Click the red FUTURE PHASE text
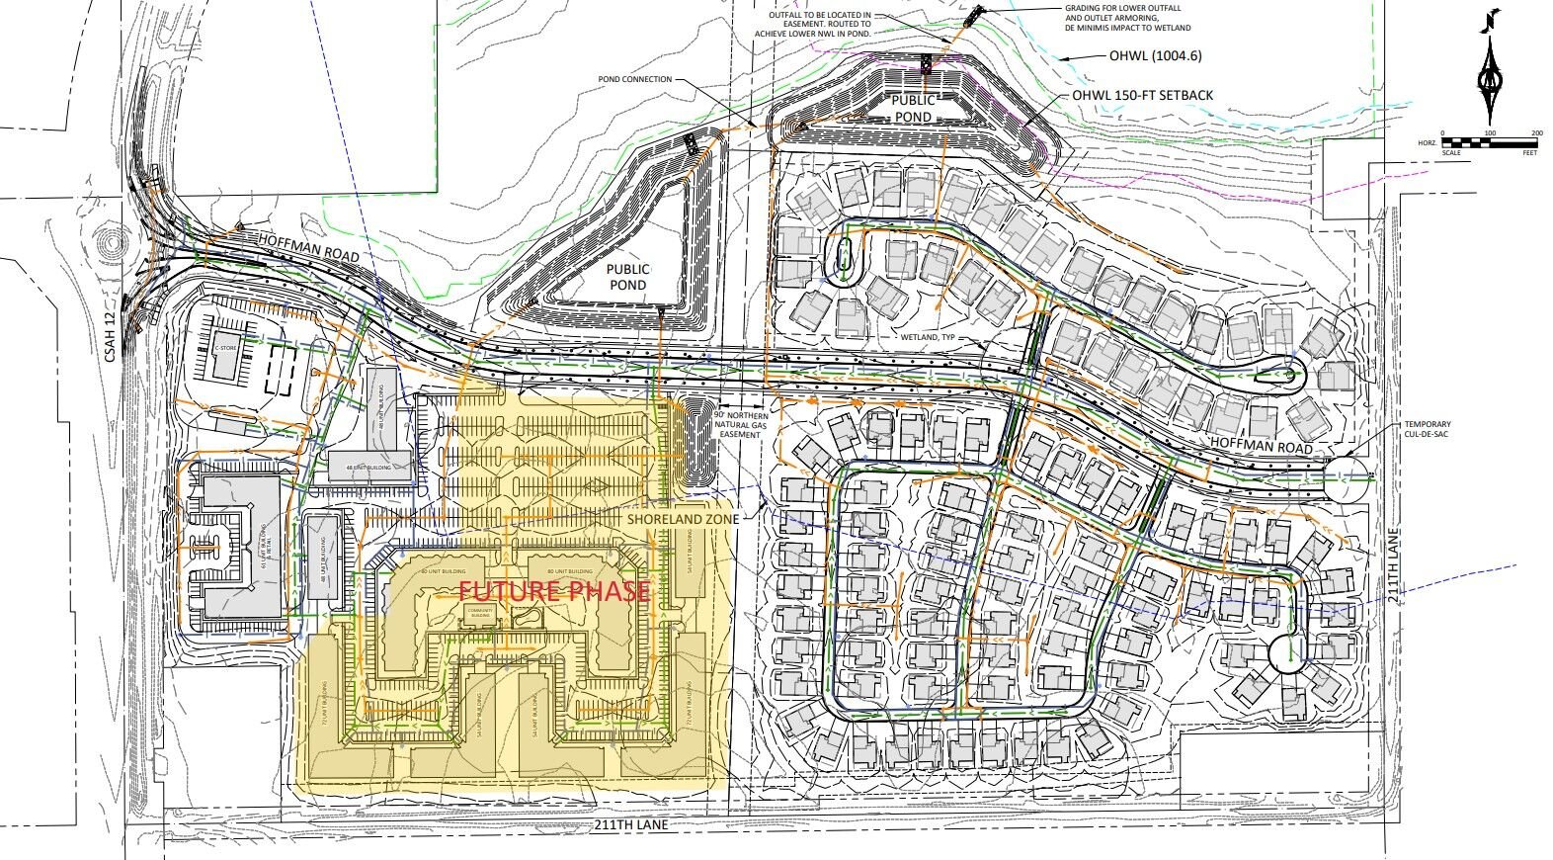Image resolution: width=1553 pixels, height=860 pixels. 554,592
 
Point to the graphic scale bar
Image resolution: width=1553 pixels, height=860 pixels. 1490,142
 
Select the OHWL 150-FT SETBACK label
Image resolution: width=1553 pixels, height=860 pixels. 1143,95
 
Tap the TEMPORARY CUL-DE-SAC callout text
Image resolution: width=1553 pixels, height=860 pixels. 1433,431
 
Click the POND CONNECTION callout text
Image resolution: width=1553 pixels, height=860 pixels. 634,79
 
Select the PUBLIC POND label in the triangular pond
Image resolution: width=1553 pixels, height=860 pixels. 627,277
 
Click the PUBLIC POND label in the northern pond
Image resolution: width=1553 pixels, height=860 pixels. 914,109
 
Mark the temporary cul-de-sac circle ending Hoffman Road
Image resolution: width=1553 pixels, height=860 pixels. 1343,478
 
